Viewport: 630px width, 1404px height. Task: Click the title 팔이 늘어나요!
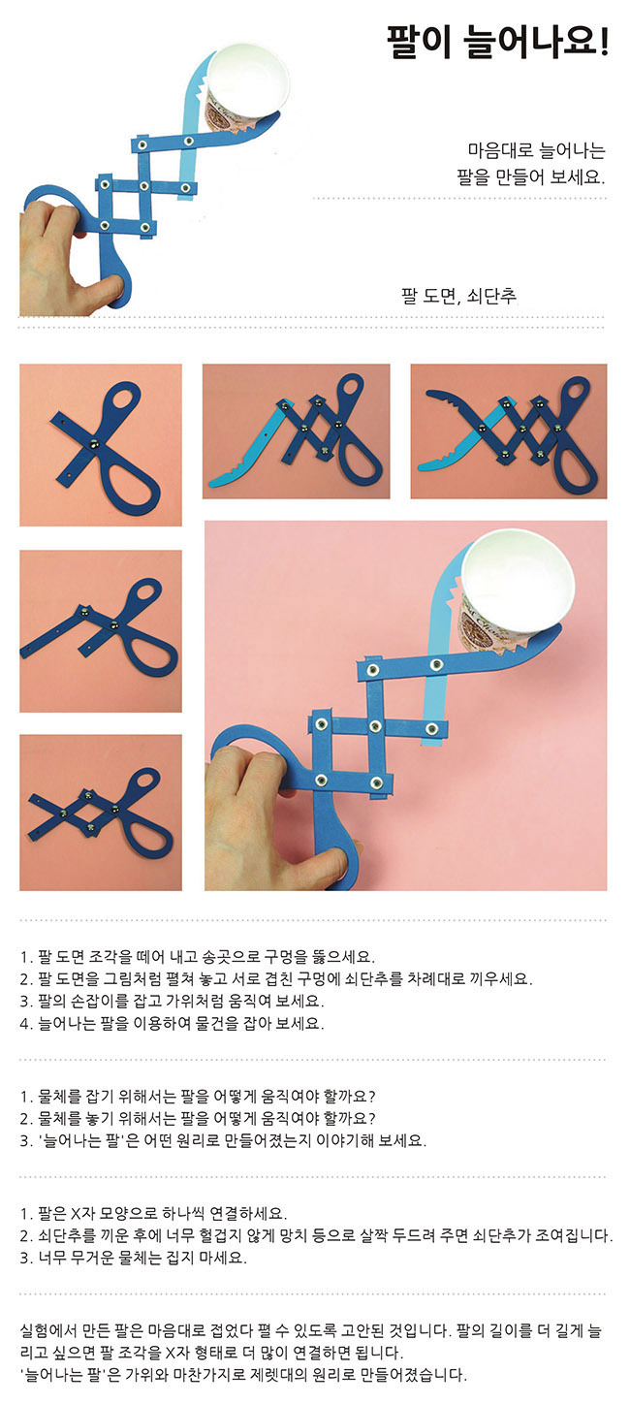pos(497,42)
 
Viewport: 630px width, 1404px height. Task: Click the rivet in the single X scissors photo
pos(95,444)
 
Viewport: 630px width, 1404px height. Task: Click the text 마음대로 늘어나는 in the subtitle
pos(537,150)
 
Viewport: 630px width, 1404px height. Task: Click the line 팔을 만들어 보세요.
pos(531,176)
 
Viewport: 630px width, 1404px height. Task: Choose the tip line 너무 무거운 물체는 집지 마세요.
pos(134,1258)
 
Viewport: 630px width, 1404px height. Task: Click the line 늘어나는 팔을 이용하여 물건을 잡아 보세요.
pos(173,1023)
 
